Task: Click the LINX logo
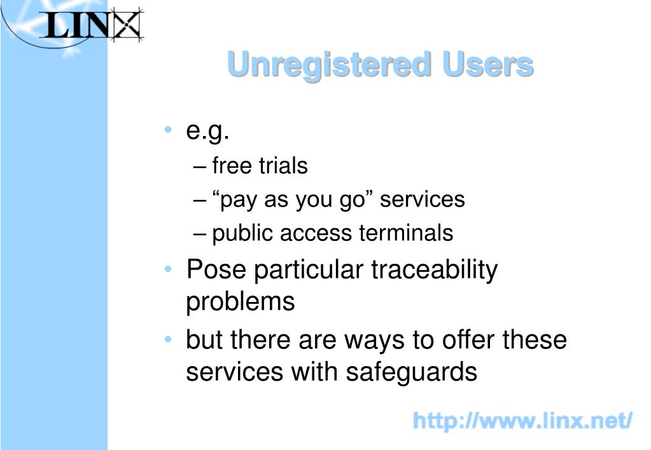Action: pos(92,27)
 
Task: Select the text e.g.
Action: pos(207,132)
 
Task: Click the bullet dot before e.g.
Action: pos(167,131)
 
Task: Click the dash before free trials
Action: pos(199,167)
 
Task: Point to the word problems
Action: pos(241,301)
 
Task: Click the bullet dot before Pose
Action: pos(167,269)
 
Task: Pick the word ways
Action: pos(375,341)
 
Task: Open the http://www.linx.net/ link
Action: pos(522,420)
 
